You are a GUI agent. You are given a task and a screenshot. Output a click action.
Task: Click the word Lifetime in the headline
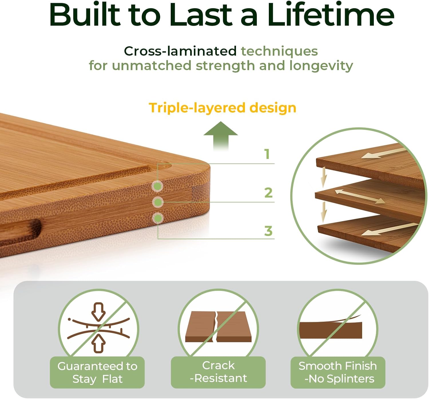tap(331, 15)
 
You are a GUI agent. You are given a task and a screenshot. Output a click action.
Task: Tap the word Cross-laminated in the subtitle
tap(180, 51)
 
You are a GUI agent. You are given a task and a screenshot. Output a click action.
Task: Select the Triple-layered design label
tap(222, 108)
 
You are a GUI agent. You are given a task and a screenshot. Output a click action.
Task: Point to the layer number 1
tap(267, 154)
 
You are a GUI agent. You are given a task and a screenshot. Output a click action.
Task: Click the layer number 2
tap(268, 193)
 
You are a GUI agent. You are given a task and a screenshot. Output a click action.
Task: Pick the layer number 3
tap(268, 231)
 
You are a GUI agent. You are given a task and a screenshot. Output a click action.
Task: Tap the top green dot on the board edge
tap(157, 186)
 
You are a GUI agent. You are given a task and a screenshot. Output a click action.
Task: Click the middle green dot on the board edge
tap(157, 202)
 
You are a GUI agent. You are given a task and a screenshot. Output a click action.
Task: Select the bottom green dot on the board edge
tap(157, 218)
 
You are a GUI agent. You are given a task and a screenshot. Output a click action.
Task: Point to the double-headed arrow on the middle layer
tap(360, 196)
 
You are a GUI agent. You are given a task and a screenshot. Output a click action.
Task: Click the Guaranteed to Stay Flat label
tap(97, 372)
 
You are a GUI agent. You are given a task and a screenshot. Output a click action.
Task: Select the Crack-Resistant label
tap(218, 372)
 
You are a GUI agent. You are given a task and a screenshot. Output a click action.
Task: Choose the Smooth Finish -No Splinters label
tap(338, 372)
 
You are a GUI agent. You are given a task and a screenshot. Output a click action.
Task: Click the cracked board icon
tap(218, 327)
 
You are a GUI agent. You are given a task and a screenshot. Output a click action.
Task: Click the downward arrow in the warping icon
tap(98, 312)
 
